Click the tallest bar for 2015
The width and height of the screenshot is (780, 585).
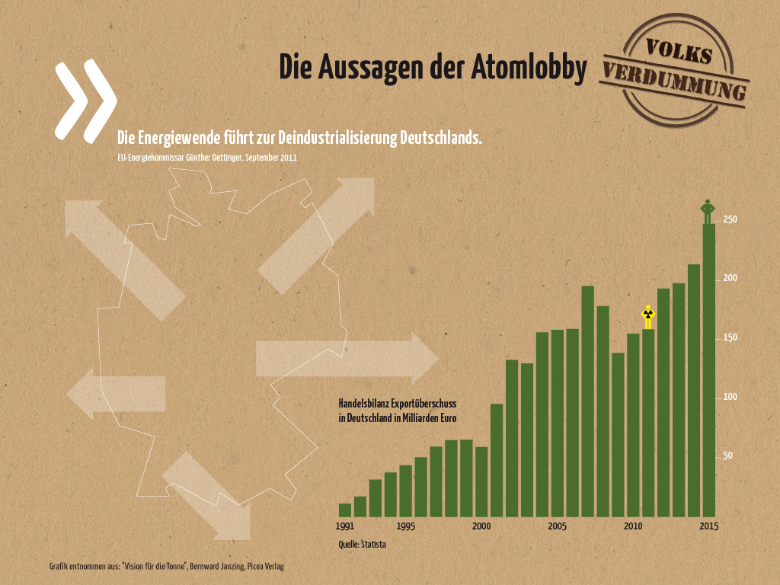[x=709, y=369]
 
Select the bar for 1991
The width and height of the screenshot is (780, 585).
[x=345, y=510]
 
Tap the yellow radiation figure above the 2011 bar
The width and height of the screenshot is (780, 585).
[x=648, y=317]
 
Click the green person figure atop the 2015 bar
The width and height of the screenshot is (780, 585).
[x=708, y=211]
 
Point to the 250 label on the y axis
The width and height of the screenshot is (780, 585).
[x=730, y=220]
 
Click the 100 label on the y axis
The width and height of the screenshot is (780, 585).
[x=730, y=398]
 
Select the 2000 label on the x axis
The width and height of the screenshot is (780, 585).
[x=481, y=526]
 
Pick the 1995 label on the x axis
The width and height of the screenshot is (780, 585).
[x=405, y=526]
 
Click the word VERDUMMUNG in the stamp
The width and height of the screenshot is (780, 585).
[x=674, y=82]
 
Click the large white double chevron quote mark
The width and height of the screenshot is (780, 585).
[x=85, y=101]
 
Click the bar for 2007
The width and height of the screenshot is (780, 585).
[x=587, y=401]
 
